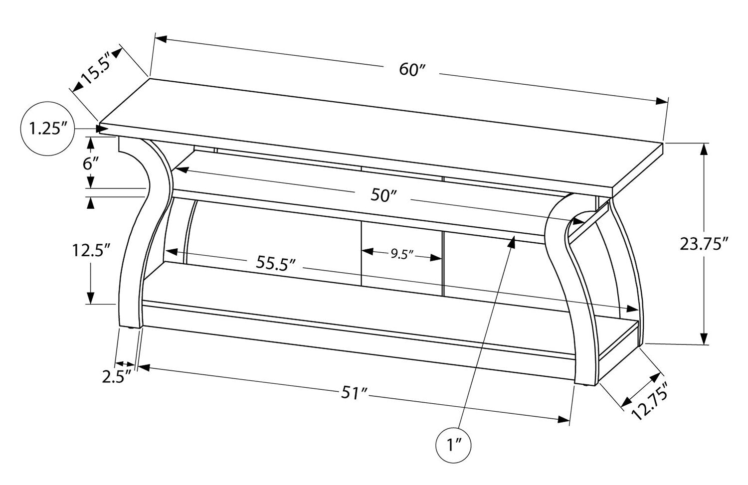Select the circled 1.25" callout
(x=48, y=129)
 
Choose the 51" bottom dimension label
(x=354, y=393)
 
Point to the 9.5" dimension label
(x=402, y=255)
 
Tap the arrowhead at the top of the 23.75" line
(x=703, y=149)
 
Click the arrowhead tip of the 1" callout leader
(x=513, y=239)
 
